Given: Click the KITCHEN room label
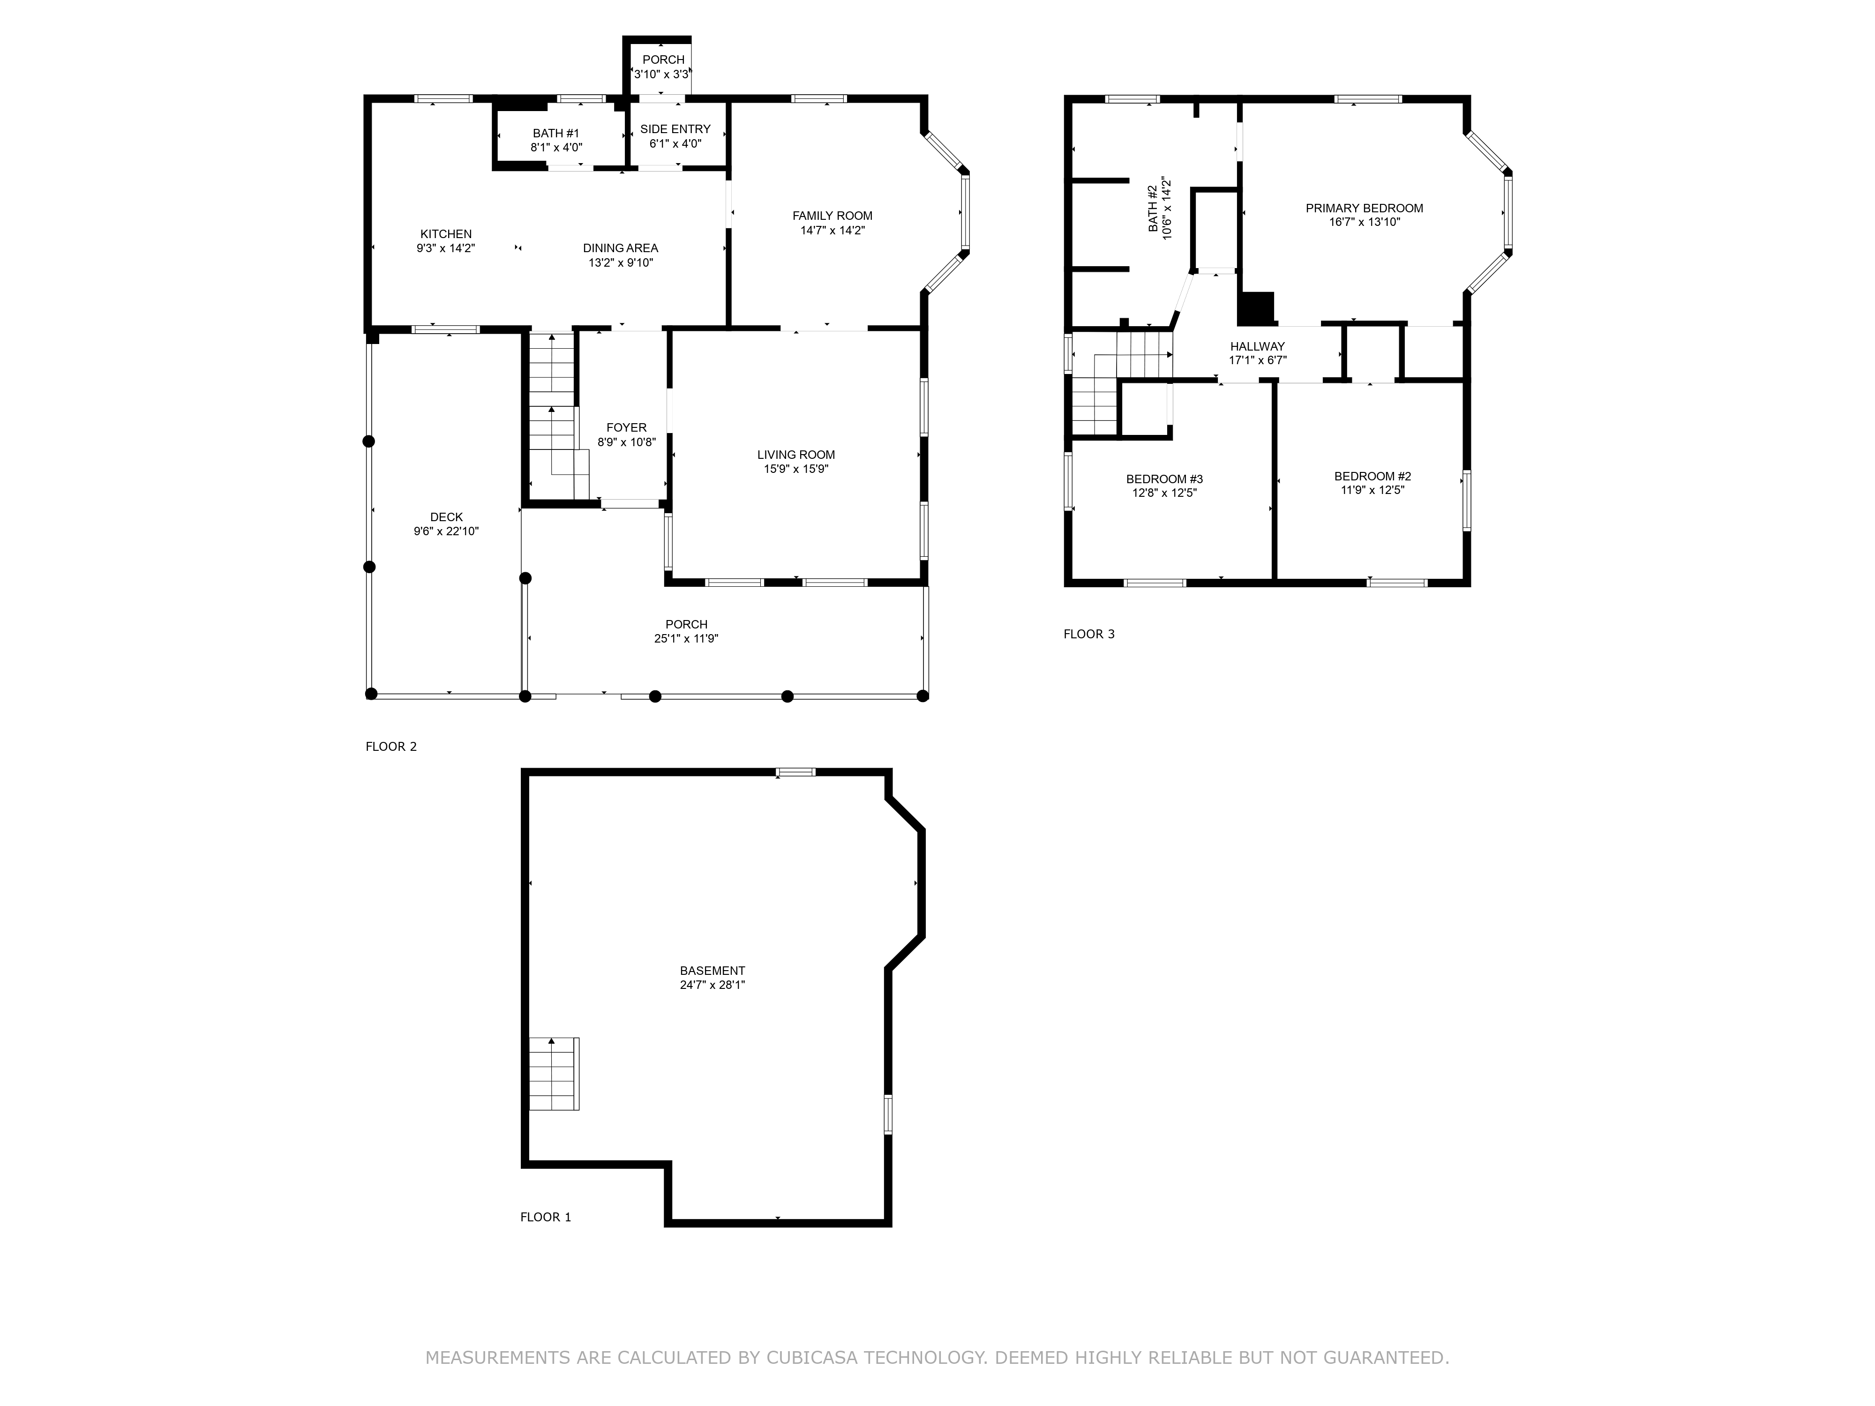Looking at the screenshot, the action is [446, 234].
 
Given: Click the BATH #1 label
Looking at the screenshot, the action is [556, 133].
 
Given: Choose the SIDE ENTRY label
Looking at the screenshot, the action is [675, 129].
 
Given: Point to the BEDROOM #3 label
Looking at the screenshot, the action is [1165, 479].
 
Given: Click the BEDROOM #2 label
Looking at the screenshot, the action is [1372, 476].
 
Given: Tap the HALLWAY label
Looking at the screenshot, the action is [1258, 346].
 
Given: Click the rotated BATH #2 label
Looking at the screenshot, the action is [1153, 209].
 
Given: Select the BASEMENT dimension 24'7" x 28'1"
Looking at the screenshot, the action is [712, 985].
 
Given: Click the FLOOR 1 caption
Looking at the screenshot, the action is [546, 1217].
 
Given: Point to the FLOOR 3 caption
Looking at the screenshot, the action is [1089, 634].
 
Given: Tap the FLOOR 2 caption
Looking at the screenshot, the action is [391, 747].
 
